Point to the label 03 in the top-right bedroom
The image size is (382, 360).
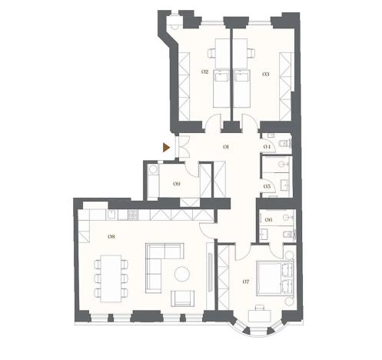point(265,73)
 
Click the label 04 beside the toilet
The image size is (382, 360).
point(267,145)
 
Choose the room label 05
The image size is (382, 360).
point(267,186)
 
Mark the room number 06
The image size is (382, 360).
point(267,220)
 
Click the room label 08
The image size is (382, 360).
point(111,237)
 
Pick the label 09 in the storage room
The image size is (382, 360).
point(177,184)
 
